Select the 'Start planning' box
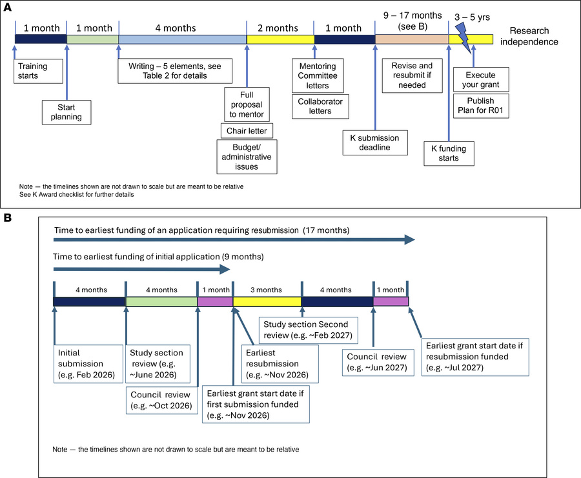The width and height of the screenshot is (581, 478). point(66,112)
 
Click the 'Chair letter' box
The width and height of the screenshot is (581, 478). point(247,131)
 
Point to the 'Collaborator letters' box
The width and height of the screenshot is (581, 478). point(320,106)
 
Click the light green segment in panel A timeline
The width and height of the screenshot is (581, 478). point(93,40)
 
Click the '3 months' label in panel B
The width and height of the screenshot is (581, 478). point(266,290)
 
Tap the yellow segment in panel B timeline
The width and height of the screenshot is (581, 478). point(267,301)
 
